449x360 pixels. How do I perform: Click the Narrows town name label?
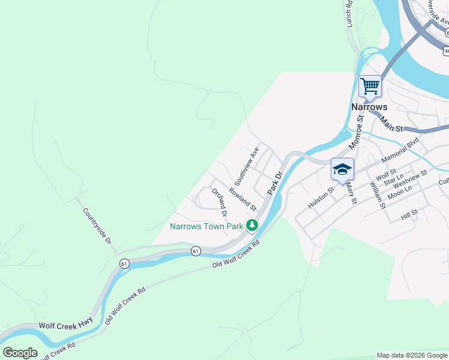(x=369, y=107)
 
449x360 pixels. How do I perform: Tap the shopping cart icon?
(x=370, y=86)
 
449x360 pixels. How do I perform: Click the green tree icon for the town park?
(x=253, y=226)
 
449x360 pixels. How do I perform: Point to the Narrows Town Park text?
(x=206, y=226)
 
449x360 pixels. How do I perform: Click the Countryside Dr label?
(x=97, y=226)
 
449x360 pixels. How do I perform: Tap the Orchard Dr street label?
(x=220, y=202)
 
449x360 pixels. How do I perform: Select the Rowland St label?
(x=243, y=199)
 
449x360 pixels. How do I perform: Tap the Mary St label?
(x=351, y=193)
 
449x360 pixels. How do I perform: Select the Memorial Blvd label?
(x=399, y=149)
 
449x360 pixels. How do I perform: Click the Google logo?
(x=20, y=353)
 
